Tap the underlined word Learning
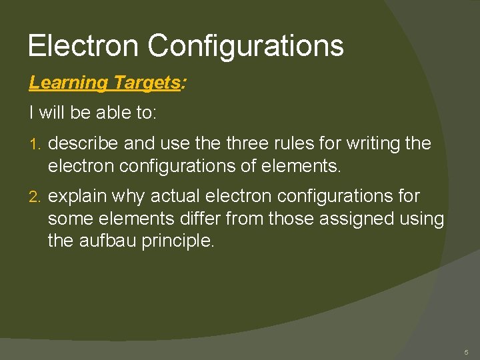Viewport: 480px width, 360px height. click(x=68, y=83)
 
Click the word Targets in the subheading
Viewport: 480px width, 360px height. click(x=146, y=83)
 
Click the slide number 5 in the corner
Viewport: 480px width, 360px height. click(x=466, y=351)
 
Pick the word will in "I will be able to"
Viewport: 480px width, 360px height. click(x=52, y=113)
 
